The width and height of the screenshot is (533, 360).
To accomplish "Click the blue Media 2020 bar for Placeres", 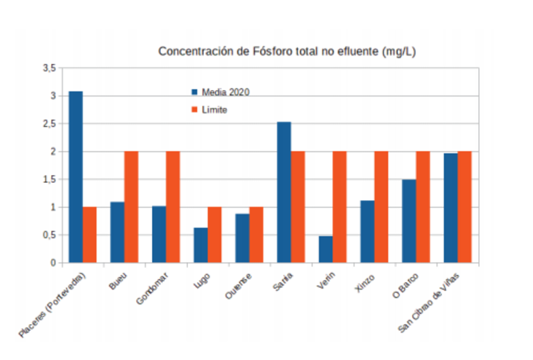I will pos(76,177).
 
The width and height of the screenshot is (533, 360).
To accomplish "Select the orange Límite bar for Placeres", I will pos(89,235).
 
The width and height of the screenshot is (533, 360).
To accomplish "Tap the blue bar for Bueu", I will pos(117,233).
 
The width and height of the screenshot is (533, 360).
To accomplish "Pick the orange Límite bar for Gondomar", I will pos(173,207).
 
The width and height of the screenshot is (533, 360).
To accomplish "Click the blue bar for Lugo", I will pos(200,246).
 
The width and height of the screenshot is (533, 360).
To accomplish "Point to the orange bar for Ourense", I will pos(256,235).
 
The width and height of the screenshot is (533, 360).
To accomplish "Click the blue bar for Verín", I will pos(326,249).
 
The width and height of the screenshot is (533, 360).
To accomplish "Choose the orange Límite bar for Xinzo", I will pos(381,207).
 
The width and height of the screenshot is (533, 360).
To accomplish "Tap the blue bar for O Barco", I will pos(409,221).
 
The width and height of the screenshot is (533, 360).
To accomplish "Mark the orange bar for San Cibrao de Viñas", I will pos(465,207).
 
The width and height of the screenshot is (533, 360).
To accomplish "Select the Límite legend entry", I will pos(214,109).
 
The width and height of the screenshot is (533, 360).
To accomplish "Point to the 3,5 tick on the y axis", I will pos(49,68).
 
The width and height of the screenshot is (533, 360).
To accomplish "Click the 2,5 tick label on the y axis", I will pos(49,124).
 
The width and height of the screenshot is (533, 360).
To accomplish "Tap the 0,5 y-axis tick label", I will pos(49,235).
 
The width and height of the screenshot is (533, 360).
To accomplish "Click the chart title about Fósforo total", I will pos(287,52).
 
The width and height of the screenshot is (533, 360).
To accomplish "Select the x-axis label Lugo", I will pos(201,279).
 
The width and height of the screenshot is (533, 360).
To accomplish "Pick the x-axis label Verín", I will pos(326,279).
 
